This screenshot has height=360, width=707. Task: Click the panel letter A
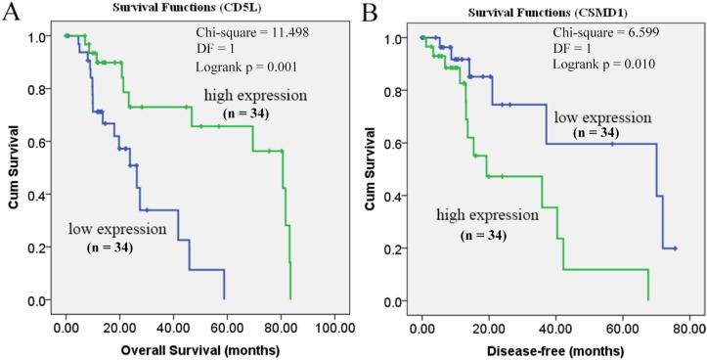(x=12, y=13)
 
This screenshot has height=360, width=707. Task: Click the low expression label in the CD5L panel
(x=114, y=229)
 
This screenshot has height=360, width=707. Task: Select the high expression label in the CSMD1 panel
(x=486, y=214)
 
